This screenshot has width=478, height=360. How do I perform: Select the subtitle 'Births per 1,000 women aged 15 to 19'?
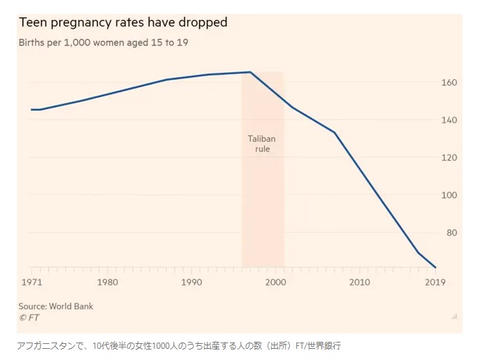[x=103, y=43]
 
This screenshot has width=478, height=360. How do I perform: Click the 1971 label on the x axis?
[x=31, y=282]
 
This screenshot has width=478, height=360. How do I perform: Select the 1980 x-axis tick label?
[x=108, y=282]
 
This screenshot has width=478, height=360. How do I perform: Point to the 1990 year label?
[x=191, y=282]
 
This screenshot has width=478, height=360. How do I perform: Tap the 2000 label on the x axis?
[x=276, y=282]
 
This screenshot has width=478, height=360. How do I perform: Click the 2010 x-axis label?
[x=360, y=282]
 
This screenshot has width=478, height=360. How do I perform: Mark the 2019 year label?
[x=435, y=282]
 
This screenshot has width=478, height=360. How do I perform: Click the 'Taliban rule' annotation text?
[x=262, y=144]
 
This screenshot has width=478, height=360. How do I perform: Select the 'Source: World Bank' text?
[x=56, y=306]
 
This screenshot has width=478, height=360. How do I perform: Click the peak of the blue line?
[x=250, y=72]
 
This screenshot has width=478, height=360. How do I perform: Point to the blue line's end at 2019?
[x=435, y=267]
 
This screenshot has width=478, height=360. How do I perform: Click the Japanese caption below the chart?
[x=179, y=346]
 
